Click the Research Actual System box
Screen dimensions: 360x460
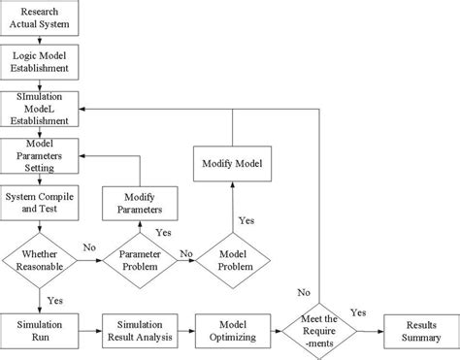click(x=39, y=18)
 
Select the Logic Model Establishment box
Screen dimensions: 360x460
click(x=39, y=63)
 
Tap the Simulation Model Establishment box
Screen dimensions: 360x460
click(x=39, y=109)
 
